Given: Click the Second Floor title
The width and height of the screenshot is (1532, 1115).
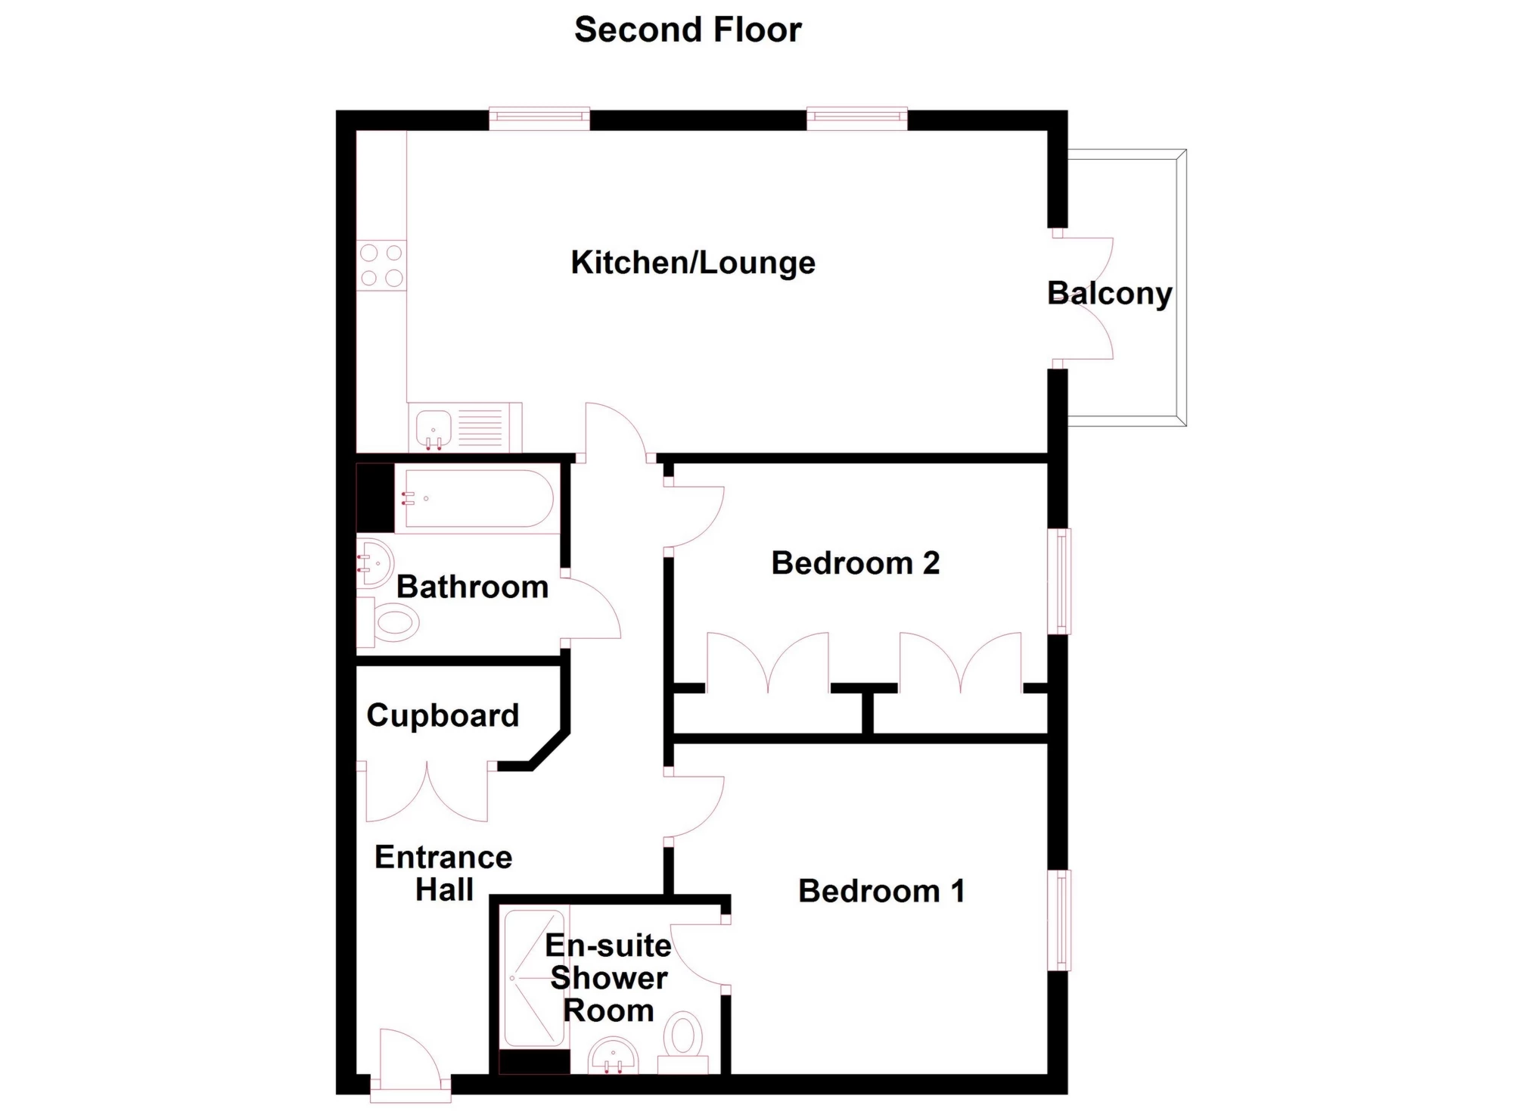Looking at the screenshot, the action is pyautogui.click(x=688, y=30).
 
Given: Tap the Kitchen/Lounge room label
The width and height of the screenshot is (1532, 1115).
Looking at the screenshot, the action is pyautogui.click(x=693, y=263).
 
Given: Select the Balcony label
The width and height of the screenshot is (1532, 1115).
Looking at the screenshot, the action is pyautogui.click(x=1110, y=294).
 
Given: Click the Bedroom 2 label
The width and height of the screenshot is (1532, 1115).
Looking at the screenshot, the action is pyautogui.click(x=856, y=563).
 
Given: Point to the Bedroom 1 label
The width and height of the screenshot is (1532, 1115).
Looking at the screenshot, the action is pyautogui.click(x=881, y=891).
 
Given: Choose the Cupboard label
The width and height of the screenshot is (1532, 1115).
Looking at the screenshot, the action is pyautogui.click(x=443, y=716).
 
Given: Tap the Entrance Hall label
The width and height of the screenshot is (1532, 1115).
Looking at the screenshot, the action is pyautogui.click(x=444, y=874).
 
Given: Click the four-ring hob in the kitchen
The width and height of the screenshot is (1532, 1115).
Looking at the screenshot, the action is pyautogui.click(x=381, y=266).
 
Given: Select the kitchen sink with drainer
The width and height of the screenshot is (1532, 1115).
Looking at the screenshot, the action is pyautogui.click(x=465, y=428).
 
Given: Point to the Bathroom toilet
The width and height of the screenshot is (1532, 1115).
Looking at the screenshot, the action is pyautogui.click(x=389, y=622).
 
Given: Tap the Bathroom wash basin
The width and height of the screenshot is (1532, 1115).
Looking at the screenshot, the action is pyautogui.click(x=374, y=563).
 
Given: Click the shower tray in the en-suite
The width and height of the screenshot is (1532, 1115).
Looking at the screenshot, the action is pyautogui.click(x=534, y=979).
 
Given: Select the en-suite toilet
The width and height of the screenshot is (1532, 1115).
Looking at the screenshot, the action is pyautogui.click(x=683, y=1042).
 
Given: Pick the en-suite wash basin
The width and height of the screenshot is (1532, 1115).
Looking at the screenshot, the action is pyautogui.click(x=614, y=1057).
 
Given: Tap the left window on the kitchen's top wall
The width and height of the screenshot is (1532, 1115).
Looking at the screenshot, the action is pyautogui.click(x=539, y=119).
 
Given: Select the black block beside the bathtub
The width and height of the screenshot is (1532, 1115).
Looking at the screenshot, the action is pyautogui.click(x=375, y=497).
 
